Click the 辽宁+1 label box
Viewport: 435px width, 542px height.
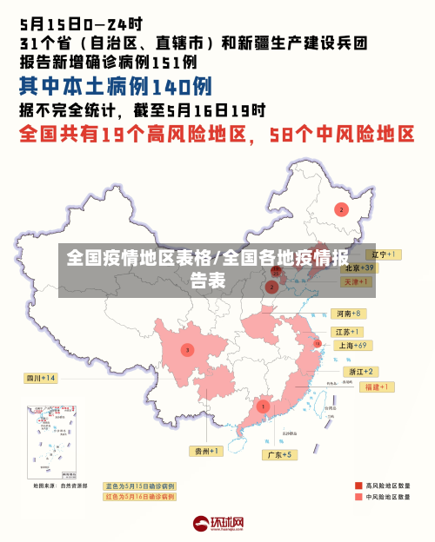pyautogui.click(x=382, y=255)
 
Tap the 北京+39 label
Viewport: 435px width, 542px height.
pyautogui.click(x=358, y=268)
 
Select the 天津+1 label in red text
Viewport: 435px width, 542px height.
pyautogui.click(x=357, y=282)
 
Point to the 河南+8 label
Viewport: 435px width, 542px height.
pyautogui.click(x=348, y=314)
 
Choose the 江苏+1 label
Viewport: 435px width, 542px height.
pyautogui.click(x=347, y=332)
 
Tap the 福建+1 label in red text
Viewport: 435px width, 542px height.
pyautogui.click(x=378, y=387)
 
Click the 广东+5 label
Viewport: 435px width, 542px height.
pyautogui.click(x=280, y=454)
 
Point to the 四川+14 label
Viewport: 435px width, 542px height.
pyautogui.click(x=41, y=378)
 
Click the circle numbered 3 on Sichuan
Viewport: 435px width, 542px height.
pyautogui.click(x=187, y=350)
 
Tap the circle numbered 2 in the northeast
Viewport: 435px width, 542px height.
pyautogui.click(x=342, y=209)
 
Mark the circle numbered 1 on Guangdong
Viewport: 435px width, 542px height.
pyautogui.click(x=263, y=406)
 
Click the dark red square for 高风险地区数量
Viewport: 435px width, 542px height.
pyautogui.click(x=358, y=485)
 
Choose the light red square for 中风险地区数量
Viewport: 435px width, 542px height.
pyautogui.click(x=358, y=497)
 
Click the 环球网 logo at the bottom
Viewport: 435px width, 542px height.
pyautogui.click(x=217, y=523)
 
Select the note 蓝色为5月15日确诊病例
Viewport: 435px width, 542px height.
pyautogui.click(x=139, y=486)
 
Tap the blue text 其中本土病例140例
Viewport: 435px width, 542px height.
pyautogui.click(x=115, y=87)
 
